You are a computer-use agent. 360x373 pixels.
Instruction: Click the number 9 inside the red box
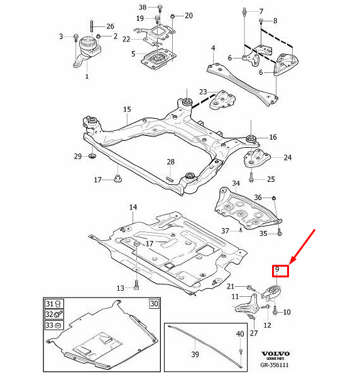pos(276,271)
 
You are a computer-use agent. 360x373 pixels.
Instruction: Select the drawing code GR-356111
pos(276,365)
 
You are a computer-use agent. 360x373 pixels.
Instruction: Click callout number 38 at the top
pos(142,8)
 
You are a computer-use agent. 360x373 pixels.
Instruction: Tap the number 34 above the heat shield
pos(236,184)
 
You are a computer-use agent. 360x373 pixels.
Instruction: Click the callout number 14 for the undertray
pos(133,207)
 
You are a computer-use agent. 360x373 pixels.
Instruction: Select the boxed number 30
pos(154,303)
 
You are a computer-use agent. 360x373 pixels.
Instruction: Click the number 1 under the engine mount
pos(87,77)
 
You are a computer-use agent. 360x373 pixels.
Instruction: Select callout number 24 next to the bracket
pos(287,158)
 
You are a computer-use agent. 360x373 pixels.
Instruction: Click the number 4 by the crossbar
pos(213,48)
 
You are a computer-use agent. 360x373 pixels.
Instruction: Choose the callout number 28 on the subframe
pos(170,162)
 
